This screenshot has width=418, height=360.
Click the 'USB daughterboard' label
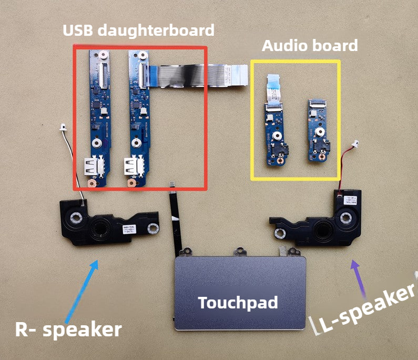pyautogui.click(x=138, y=31)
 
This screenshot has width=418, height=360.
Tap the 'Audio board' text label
pyautogui.click(x=310, y=45)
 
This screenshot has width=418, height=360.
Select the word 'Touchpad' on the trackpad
pyautogui.click(x=238, y=302)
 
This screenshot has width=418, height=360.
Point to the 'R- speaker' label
pyautogui.click(x=68, y=329)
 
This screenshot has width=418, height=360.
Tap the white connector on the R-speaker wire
pyautogui.click(x=63, y=127)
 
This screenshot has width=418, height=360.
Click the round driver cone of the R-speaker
pyautogui.click(x=98, y=228)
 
